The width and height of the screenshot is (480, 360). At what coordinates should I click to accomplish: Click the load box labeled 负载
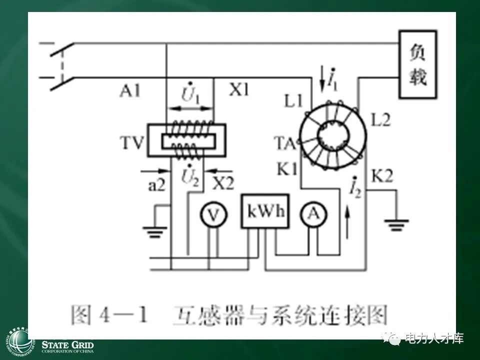[x=417, y=63]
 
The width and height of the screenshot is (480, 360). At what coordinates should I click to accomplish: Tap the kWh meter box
[x=265, y=210]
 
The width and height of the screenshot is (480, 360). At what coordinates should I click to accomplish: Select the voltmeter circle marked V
[x=213, y=215]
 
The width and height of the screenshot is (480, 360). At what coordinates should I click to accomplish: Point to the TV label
[x=132, y=145]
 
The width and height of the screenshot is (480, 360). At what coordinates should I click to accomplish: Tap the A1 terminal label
[x=130, y=91]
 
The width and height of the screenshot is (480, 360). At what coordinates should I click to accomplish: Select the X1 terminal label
[x=239, y=90]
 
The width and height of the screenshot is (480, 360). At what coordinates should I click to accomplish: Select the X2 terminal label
[x=222, y=182]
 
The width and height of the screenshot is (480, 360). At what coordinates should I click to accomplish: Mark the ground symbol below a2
[x=155, y=231]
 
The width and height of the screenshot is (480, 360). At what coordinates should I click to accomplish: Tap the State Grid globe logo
[x=18, y=342]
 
